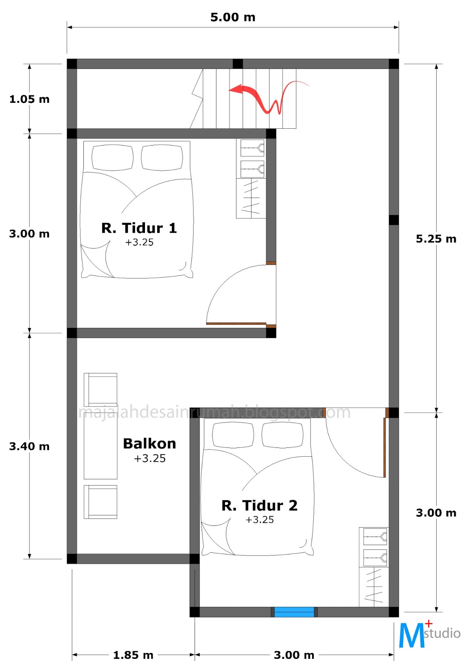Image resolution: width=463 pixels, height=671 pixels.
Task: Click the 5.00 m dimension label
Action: [233, 17]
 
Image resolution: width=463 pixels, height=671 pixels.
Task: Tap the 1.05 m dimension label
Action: [29, 99]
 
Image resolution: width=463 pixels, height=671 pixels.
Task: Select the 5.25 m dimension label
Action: [436, 239]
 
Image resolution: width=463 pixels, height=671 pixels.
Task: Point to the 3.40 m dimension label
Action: [29, 446]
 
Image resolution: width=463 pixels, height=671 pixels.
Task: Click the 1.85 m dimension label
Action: [133, 655]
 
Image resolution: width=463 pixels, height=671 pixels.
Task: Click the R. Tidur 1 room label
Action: [139, 228]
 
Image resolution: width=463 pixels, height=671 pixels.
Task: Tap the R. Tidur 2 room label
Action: [259, 506]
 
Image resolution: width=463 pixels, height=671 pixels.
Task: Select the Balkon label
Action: [149, 444]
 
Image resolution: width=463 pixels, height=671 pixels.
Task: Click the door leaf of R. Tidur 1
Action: [236, 323]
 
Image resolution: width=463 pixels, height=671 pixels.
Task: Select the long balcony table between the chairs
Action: [100, 446]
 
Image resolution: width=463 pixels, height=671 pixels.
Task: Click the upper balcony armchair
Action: [100, 390]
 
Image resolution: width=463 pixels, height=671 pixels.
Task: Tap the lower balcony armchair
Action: [100, 502]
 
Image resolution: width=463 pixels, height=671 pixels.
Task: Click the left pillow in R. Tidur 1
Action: [112, 158]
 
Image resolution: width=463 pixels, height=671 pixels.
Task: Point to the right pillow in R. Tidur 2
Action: [282, 435]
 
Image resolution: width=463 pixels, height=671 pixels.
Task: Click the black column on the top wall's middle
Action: [238, 64]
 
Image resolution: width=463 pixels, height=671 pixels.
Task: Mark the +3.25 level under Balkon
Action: [150, 459]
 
